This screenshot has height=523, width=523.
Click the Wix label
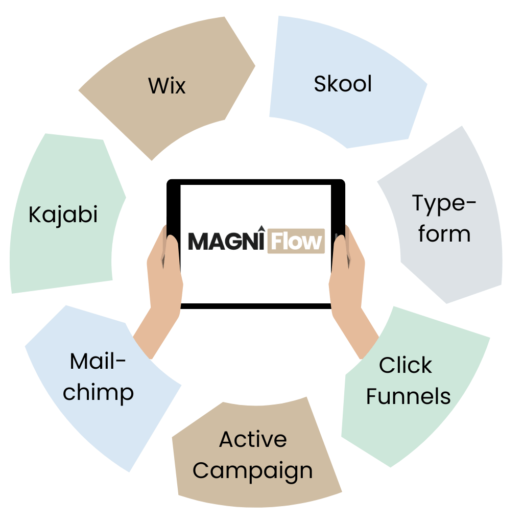click(x=167, y=85)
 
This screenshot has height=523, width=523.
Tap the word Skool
click(x=343, y=84)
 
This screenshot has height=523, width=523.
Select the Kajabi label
click(x=63, y=215)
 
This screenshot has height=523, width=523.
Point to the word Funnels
click(x=408, y=396)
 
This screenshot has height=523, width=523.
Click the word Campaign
click(x=253, y=471)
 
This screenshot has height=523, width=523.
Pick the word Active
click(x=253, y=439)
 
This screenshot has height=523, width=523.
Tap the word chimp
click(x=98, y=393)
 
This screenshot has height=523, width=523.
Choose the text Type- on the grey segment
click(x=444, y=203)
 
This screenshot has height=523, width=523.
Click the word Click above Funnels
click(x=406, y=365)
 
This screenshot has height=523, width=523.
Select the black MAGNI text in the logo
click(x=227, y=241)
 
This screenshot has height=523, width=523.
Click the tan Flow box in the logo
click(x=296, y=241)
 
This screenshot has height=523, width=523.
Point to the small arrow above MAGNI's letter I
click(x=259, y=228)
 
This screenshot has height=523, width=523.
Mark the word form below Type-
click(x=444, y=234)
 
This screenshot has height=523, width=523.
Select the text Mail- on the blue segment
click(x=98, y=362)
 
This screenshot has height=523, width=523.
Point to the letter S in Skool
click(x=320, y=84)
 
